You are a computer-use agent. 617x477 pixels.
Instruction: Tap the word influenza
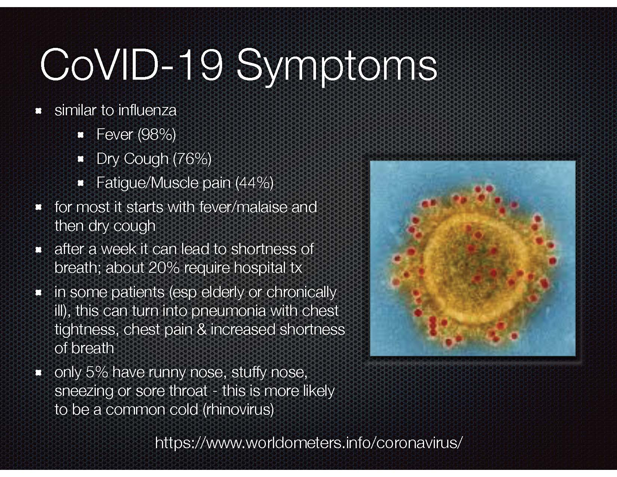[x=147, y=110]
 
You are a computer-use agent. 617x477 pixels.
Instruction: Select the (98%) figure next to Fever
[x=156, y=134]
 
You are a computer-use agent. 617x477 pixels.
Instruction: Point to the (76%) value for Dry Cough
[x=192, y=159]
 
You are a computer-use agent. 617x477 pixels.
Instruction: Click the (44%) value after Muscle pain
[x=254, y=183]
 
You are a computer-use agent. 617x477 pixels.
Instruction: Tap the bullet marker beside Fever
[x=81, y=135]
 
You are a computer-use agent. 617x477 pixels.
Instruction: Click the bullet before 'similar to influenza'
[x=39, y=111]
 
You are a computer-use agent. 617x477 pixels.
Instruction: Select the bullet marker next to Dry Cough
[x=81, y=159]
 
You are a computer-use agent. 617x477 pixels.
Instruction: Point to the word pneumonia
[x=228, y=311]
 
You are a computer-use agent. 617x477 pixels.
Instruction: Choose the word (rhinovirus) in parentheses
[x=238, y=410]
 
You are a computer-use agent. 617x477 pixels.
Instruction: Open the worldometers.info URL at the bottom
[x=308, y=442]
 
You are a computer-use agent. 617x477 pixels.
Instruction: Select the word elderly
[x=215, y=293]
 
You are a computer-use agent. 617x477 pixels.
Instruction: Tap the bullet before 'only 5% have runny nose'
[x=39, y=373]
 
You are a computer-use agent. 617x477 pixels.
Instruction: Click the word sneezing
[x=84, y=391]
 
